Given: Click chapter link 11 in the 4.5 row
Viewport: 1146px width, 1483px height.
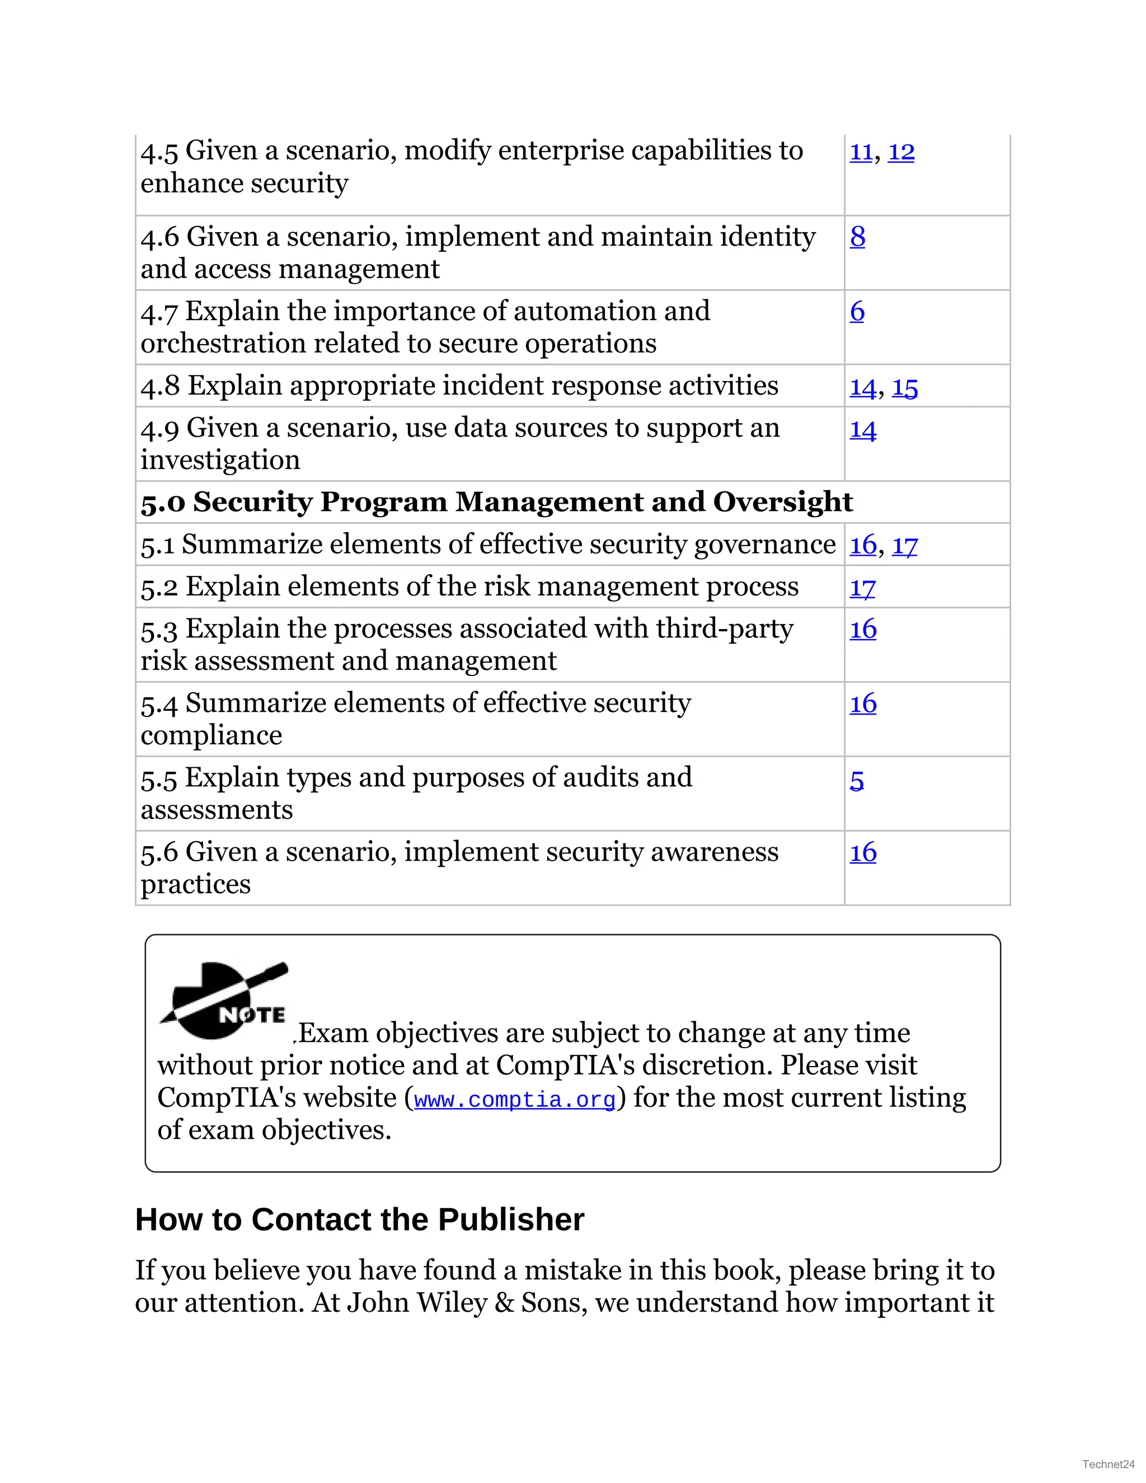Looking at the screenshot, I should (861, 152).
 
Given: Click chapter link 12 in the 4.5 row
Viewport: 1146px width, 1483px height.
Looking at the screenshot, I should (901, 152).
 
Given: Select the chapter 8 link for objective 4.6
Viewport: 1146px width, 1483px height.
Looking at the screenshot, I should (857, 236).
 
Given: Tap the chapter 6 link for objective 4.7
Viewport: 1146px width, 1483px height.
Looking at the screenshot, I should (857, 311).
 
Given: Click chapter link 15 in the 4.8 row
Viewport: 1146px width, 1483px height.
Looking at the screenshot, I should (904, 387).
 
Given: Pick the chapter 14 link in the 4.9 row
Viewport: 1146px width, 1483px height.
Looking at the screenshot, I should (863, 429).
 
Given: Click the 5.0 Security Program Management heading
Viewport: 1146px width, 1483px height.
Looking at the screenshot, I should (496, 502).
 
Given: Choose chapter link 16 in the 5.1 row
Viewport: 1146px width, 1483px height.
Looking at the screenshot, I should (863, 545).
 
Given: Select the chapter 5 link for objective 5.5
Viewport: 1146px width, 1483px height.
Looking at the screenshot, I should (857, 780).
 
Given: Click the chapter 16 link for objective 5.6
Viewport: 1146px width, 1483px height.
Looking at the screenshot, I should (863, 852).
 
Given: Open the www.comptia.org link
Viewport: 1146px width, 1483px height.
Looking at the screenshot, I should (515, 1099).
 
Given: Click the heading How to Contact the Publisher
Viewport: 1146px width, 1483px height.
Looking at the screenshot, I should (359, 1219).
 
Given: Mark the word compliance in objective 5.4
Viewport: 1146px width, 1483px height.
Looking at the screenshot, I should (211, 735).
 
